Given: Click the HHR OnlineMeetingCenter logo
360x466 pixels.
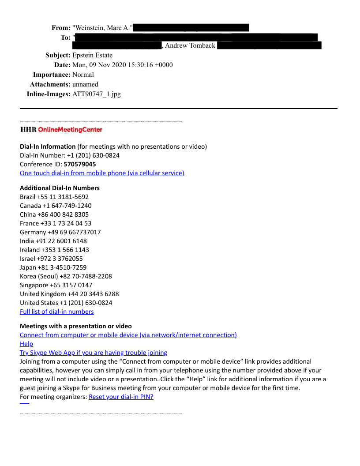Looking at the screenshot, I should point(61,130).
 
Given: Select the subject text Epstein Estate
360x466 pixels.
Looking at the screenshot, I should point(92,55).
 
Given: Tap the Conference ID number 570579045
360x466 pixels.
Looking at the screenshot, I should point(80,164).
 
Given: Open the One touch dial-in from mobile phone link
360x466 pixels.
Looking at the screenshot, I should point(102,173).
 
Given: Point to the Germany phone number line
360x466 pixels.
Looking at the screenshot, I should point(60,232).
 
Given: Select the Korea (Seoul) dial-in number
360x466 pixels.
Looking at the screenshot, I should point(66,276).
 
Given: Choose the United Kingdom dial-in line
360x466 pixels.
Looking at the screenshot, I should point(69,294).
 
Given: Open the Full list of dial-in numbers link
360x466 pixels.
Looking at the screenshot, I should point(57,312).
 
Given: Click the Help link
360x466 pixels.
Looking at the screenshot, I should point(26,344).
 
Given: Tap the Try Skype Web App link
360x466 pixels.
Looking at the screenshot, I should point(94,353).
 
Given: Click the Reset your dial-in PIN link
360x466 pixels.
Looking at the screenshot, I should point(121,397).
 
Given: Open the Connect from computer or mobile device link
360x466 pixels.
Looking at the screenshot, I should point(128,335).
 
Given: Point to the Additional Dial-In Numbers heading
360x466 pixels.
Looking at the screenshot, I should point(60,188).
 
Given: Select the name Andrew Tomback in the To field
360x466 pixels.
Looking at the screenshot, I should point(190,45).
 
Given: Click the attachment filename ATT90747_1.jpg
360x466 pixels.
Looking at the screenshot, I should point(96,94).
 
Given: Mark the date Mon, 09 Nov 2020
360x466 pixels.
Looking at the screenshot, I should point(99,65).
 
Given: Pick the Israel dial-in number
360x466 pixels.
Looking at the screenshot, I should point(51,259).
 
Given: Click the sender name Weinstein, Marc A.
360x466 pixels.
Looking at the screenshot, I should point(102,28).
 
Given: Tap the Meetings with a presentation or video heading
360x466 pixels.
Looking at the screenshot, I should point(76,326).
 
